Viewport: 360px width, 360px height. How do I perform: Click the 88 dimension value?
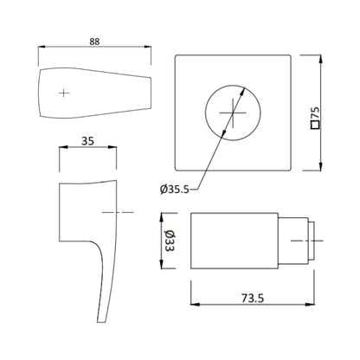[x=94, y=42]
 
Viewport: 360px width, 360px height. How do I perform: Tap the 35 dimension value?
[x=87, y=141]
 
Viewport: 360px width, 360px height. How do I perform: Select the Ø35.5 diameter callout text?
[x=175, y=190]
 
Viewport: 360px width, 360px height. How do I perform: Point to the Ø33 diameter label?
[x=169, y=241]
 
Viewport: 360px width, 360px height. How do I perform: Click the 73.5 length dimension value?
[x=253, y=299]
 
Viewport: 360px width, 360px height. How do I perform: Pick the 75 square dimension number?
[x=315, y=113]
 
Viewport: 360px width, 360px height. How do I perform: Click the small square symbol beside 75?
[x=315, y=125]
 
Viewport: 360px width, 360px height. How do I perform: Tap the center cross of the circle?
[x=233, y=112]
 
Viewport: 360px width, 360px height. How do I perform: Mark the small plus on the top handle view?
[x=64, y=93]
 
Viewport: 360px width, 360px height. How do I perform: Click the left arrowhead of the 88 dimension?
[x=42, y=47]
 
